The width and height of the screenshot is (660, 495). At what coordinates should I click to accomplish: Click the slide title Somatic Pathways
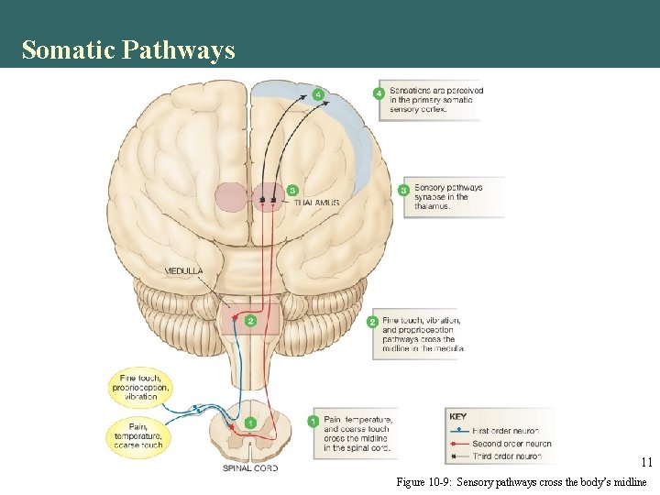point(128,49)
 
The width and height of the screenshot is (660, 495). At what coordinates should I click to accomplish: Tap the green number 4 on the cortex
point(318,94)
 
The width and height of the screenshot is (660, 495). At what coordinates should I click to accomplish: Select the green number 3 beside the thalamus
point(291,190)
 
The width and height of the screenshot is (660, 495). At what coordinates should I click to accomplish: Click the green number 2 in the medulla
point(250,320)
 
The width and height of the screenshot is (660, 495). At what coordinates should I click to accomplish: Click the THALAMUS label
point(317,203)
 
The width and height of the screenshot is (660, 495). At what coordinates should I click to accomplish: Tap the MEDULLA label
point(184,271)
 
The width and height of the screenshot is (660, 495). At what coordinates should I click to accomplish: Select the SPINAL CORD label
point(250,467)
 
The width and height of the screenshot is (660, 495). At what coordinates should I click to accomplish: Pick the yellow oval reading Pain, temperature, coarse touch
point(139,435)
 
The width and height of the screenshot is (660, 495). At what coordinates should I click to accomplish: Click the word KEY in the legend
point(458,417)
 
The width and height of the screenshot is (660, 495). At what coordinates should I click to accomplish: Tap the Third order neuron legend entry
point(507,456)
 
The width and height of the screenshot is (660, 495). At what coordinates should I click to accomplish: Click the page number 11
point(646,463)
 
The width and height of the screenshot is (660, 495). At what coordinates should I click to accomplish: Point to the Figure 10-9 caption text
point(521,482)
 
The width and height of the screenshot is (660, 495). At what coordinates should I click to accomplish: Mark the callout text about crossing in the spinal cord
point(357,433)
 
